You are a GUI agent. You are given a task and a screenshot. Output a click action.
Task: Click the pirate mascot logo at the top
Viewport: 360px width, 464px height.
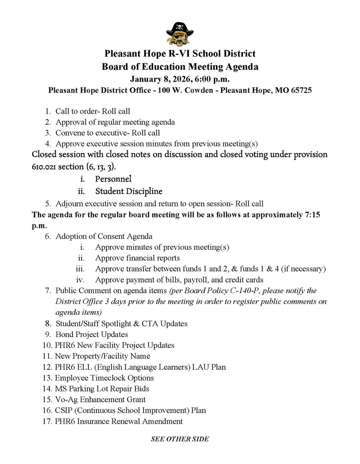coord(180,34)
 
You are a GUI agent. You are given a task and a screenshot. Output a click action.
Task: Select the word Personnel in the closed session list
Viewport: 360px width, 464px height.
coord(113,179)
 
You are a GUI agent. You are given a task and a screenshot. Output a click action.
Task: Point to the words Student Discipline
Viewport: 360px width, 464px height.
coord(129,191)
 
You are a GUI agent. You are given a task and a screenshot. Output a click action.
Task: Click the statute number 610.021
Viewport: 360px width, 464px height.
coord(46,167)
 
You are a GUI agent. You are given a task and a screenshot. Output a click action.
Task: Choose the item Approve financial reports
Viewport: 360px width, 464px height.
coord(137,258)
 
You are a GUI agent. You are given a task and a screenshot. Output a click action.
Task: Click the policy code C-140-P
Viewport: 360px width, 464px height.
coord(256,290)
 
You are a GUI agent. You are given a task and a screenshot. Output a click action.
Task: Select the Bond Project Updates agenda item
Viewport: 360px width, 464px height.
coord(91,334)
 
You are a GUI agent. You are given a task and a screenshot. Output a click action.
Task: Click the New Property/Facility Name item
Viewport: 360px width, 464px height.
coord(102,356)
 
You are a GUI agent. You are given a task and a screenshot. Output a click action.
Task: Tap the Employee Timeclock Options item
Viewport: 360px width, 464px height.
coord(104,378)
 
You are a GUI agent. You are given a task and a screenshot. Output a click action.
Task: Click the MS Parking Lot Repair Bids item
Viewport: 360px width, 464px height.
coord(102,389)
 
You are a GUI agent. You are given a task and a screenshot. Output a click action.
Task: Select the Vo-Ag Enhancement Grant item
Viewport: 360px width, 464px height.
coord(100,400)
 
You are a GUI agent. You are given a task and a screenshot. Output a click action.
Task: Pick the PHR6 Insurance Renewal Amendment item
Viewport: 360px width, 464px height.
coord(119,421)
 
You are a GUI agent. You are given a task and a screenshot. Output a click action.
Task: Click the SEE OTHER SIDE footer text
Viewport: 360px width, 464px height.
coord(180,439)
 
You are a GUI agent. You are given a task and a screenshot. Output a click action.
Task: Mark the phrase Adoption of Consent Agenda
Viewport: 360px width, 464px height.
coord(104,236)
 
